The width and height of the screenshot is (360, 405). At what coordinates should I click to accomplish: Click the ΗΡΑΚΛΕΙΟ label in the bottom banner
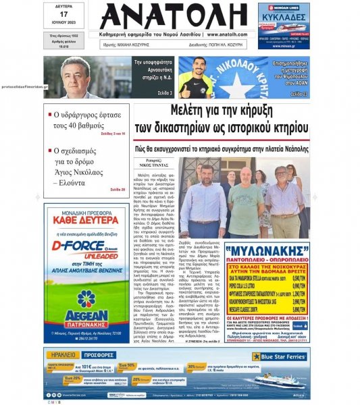pos(62,354)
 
